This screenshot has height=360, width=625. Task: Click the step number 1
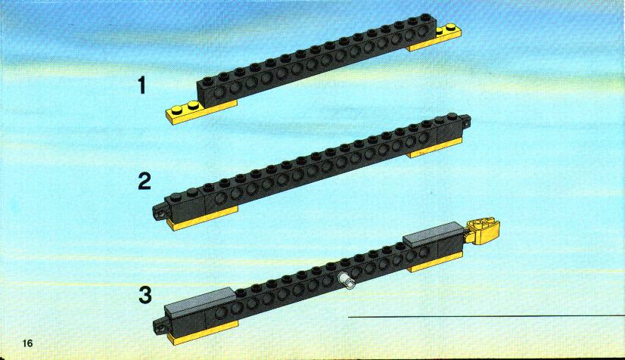tap(142, 85)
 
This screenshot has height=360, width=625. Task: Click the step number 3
tap(145, 296)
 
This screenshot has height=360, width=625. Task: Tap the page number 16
tap(28, 343)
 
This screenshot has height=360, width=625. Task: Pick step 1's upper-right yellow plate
tap(437, 39)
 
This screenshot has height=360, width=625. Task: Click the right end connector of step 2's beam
tap(465, 121)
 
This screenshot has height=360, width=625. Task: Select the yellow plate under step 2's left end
tap(203, 219)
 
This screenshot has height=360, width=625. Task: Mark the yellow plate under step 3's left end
tap(203, 333)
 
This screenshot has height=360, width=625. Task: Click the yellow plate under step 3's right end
tap(437, 262)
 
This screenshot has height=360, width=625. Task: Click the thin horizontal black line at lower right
tap(487, 317)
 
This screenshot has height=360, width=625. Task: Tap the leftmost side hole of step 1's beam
tap(219, 92)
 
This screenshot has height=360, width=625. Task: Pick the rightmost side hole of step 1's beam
tap(411, 36)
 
